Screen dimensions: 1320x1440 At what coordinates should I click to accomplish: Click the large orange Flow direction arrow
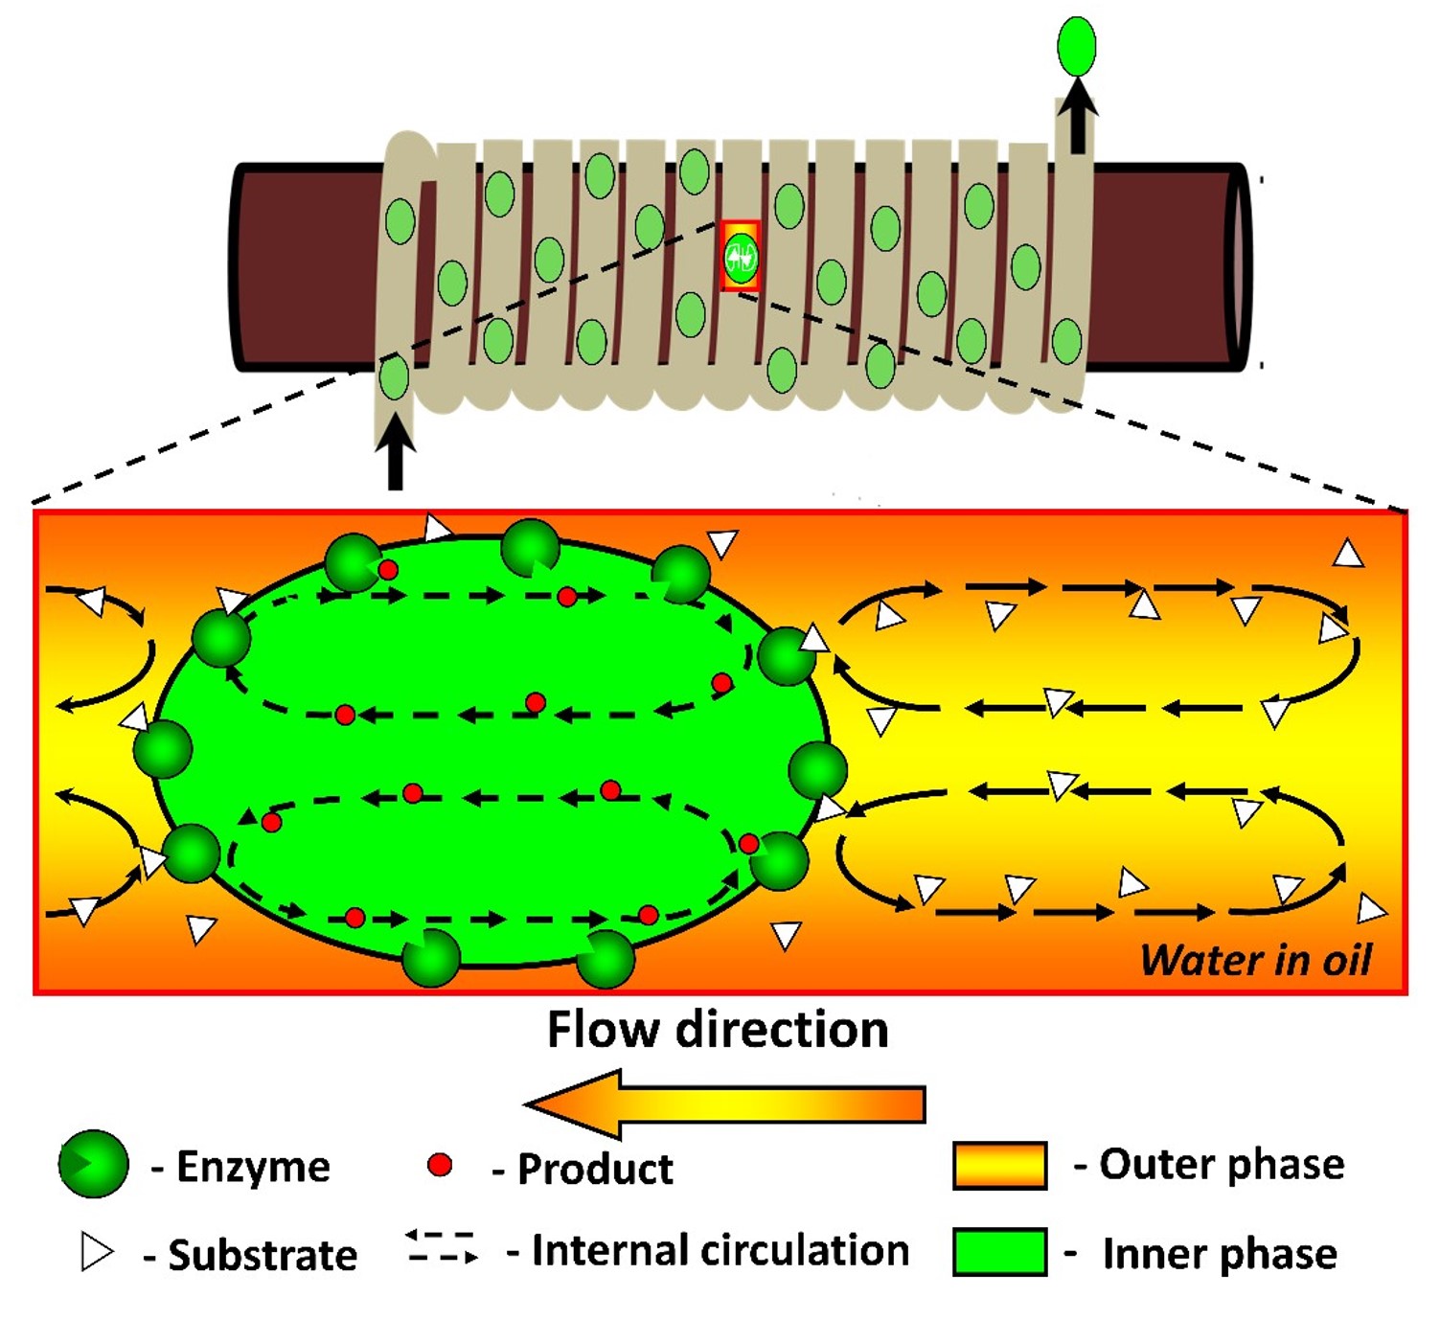click(725, 1104)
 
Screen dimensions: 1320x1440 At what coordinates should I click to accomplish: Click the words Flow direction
click(718, 1030)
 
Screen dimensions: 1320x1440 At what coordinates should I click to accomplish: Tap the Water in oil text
click(1256, 960)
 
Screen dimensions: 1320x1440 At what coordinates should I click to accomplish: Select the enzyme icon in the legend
click(93, 1164)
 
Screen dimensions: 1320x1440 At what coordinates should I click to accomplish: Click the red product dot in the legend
click(440, 1165)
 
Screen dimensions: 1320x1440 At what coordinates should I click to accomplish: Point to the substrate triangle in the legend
click(96, 1252)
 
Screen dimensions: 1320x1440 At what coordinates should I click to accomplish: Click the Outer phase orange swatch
click(999, 1165)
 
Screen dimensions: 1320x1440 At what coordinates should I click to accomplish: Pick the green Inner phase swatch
click(999, 1252)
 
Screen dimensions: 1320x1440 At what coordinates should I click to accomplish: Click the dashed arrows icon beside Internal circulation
click(441, 1246)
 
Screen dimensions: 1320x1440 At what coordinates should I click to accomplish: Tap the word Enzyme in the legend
click(253, 1167)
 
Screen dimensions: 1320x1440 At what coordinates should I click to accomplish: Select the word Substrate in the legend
click(263, 1255)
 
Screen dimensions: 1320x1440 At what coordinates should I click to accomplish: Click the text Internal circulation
click(720, 1250)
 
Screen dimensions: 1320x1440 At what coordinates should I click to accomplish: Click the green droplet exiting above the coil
click(1076, 46)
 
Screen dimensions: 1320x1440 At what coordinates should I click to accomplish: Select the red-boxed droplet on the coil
click(741, 257)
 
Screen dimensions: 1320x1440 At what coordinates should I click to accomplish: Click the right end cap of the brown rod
click(1239, 267)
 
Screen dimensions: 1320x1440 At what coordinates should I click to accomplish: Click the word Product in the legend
click(595, 1169)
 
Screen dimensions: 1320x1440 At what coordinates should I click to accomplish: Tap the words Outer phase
click(1222, 1164)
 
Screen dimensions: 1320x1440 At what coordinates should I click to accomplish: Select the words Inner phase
click(1220, 1253)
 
